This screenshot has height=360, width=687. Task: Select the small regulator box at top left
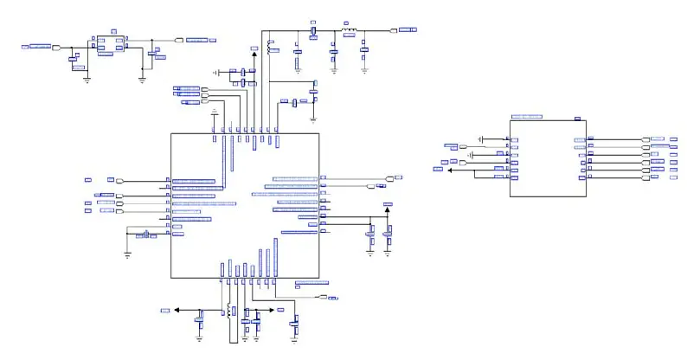[109, 43]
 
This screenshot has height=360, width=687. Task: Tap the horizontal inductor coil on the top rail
[349, 32]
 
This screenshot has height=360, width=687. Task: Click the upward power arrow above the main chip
[254, 54]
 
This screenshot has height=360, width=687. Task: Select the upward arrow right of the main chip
[387, 208]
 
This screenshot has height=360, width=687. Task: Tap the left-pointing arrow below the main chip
[177, 309]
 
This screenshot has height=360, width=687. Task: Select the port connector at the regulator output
[179, 40]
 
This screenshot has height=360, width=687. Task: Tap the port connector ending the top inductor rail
[395, 31]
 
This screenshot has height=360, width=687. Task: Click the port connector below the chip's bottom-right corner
[322, 297]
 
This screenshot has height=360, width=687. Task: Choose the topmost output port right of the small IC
[645, 139]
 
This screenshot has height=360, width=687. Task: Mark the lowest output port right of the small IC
[645, 177]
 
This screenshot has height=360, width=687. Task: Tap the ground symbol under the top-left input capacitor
[87, 79]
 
